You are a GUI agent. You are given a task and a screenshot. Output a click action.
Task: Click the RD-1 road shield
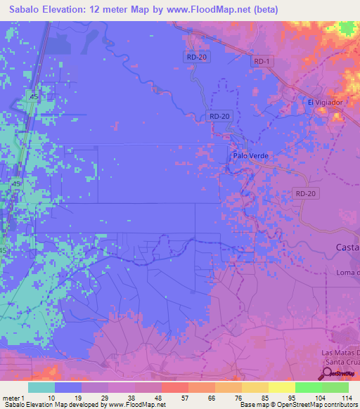click(x=262, y=62)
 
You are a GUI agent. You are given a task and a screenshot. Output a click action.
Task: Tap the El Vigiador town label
click(x=325, y=102)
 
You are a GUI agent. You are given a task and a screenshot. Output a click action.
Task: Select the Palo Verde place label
click(x=251, y=156)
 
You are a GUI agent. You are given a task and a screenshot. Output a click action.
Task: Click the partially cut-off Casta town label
click(x=347, y=247)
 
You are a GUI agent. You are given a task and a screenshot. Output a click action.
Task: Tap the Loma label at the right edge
click(x=347, y=273)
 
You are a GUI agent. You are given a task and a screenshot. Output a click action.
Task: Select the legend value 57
click(x=173, y=397)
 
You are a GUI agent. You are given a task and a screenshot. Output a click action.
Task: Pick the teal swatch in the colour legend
click(x=41, y=387)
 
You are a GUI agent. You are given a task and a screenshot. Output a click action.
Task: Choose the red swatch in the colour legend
click(x=174, y=387)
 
